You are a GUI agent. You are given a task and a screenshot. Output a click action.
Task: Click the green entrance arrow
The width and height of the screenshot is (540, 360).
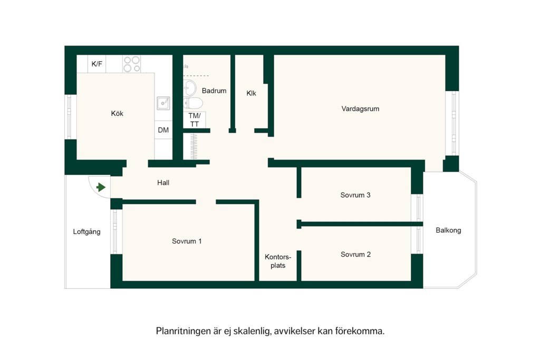coord(101,187)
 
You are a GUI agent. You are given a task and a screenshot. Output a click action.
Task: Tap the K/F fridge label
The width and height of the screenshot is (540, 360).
coord(97,64)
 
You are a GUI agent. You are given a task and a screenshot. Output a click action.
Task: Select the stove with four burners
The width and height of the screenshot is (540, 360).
coord(132,64)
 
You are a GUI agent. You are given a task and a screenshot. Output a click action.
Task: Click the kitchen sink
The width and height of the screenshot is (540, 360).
coord(163,103)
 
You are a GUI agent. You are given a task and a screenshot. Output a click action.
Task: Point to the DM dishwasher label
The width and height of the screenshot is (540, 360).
coord(163,130)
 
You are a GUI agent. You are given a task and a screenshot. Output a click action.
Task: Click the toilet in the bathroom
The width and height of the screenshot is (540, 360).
coord(193,103)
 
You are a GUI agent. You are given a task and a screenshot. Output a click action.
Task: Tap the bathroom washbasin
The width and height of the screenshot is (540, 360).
coord(189,88)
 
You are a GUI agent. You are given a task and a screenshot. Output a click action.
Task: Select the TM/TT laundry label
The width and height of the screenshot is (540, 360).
coord(195,120)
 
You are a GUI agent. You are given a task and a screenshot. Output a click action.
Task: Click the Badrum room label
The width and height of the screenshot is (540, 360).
coord(214,91)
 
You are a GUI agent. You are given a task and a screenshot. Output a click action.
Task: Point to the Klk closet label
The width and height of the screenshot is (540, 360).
coord(252,93)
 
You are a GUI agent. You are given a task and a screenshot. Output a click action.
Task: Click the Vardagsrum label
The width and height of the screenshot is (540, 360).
coord(360,109)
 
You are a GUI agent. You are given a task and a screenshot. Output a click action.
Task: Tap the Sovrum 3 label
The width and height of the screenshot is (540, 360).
coord(355,195)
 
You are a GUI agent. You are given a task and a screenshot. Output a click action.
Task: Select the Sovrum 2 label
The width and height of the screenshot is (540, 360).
coord(356,255)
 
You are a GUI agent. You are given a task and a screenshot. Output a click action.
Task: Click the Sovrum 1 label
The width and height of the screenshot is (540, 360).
coord(187,241)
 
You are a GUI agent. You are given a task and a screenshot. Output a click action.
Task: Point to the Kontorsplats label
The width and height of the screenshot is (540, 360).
coord(278,261)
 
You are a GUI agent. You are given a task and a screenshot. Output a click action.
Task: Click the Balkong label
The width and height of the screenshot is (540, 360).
coord(448,230)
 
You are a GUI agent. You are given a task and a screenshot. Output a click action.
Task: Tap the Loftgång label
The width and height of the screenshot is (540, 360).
coord(87,231)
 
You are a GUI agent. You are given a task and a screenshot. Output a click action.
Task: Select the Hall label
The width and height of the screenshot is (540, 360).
coord(163,183)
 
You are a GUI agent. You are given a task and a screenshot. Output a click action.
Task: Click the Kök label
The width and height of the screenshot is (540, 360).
coord(117,113)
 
